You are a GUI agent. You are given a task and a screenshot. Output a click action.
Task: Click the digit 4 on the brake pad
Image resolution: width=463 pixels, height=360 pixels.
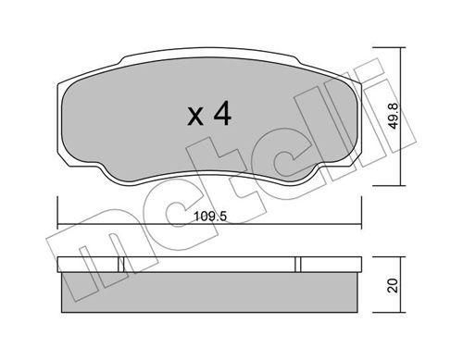(x=222, y=113)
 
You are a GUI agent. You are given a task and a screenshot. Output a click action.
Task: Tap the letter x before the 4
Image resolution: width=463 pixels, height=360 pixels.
(x=195, y=117)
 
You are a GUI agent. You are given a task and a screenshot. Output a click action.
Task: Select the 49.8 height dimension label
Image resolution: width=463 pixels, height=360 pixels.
(x=394, y=116)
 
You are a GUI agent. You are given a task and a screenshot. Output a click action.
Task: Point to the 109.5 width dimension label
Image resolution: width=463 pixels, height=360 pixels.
(x=210, y=217)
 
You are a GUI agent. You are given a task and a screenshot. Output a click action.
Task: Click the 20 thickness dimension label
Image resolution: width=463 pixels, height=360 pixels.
(x=393, y=285)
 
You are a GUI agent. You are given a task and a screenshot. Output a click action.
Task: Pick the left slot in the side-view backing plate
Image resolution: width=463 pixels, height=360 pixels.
(x=121, y=265)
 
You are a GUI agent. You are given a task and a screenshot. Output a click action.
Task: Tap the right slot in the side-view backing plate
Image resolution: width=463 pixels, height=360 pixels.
(x=298, y=265)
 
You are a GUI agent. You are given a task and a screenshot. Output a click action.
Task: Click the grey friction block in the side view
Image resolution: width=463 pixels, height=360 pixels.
(x=210, y=292)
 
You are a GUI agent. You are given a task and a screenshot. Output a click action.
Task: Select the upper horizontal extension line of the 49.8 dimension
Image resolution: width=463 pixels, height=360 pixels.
(x=389, y=47)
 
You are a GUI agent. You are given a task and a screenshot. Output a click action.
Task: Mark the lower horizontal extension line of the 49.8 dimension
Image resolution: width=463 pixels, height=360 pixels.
(x=389, y=186)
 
